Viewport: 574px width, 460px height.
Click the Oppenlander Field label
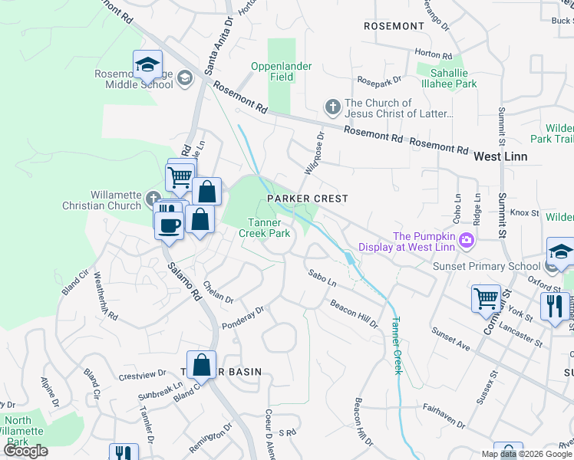pyautogui.click(x=282, y=71)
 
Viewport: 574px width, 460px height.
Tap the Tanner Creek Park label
pyautogui.click(x=264, y=228)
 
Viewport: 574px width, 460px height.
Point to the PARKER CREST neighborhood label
pyautogui.click(x=307, y=199)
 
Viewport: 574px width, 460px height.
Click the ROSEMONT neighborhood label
pyautogui.click(x=394, y=26)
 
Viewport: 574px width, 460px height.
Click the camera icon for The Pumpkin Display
pyautogui.click(x=466, y=242)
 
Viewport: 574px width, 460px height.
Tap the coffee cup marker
pyautogui.click(x=170, y=225)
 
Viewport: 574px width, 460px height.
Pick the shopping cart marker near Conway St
pyautogui.click(x=486, y=299)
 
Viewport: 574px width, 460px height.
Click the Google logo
pyautogui.click(x=26, y=451)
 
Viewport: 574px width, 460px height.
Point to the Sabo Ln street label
pyautogui.click(x=322, y=278)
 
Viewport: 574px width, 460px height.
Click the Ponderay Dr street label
pyautogui.click(x=242, y=317)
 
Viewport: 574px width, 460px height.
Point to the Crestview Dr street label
pyautogui.click(x=143, y=375)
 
